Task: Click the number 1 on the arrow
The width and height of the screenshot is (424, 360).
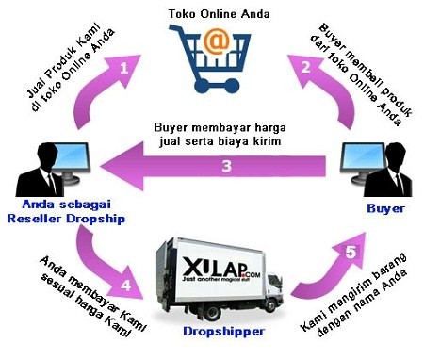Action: tap(123, 68)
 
